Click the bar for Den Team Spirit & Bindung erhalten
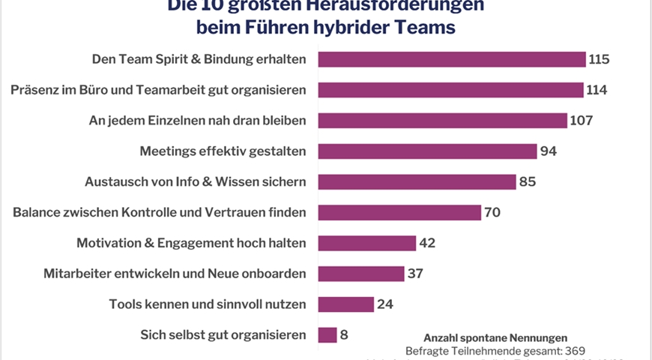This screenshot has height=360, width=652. coord(451,59)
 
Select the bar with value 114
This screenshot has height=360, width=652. coord(450,90)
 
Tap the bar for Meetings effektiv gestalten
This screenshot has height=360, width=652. coord(427,151)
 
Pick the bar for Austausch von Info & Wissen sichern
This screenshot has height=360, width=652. coord(417,182)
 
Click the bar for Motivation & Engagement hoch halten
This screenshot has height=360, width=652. coord(366,243)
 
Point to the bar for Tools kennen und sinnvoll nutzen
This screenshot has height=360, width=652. coord(345,304)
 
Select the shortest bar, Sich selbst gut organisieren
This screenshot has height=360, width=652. coord(327,334)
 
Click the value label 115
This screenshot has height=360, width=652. coord(600,59)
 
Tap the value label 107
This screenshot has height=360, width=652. coord(582,121)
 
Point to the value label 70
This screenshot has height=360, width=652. coord(492,212)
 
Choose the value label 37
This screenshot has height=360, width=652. coord(416,274)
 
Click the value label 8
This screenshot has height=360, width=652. coord(345,334)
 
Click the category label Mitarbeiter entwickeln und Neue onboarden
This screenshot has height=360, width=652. coord(175,274)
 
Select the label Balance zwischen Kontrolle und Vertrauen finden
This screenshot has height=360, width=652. coord(160,212)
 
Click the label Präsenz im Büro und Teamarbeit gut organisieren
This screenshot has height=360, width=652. coord(158,90)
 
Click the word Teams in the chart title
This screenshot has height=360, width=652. coord(423,28)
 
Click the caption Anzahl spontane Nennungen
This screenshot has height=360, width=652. coord(495,337)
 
